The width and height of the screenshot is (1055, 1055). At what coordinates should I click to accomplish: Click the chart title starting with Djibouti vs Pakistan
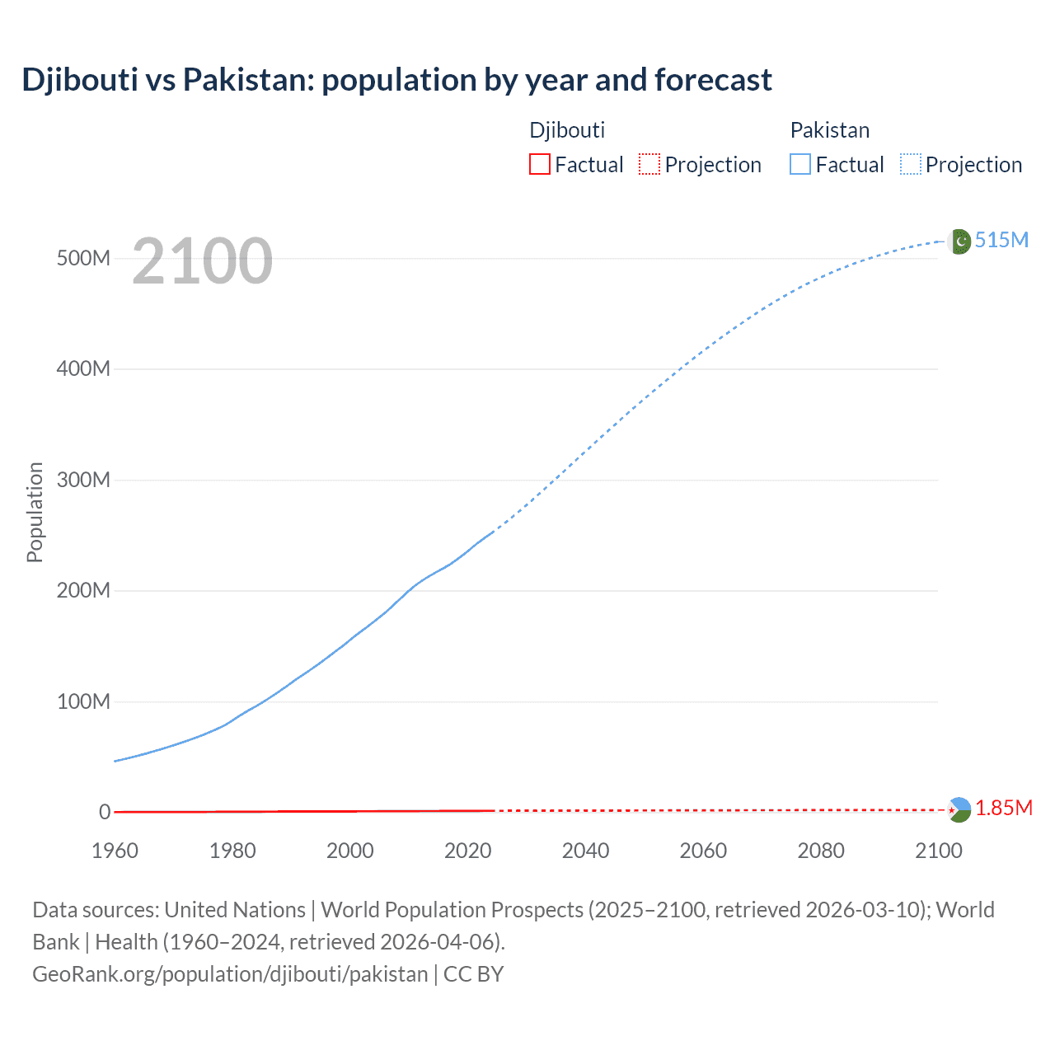tap(396, 80)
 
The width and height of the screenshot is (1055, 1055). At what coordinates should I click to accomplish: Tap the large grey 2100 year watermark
tap(202, 261)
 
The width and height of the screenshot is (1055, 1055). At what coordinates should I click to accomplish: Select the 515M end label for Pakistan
tap(1001, 240)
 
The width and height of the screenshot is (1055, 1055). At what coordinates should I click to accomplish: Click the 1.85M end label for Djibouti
tap(1003, 809)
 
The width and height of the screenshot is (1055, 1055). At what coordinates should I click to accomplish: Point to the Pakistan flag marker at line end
tap(959, 241)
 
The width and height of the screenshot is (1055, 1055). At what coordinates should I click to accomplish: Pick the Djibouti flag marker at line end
tap(959, 810)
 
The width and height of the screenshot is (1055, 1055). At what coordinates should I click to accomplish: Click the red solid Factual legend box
tap(539, 165)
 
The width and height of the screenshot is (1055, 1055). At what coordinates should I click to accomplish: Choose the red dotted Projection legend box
tap(649, 165)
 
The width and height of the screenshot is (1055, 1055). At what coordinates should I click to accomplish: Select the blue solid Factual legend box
tap(799, 165)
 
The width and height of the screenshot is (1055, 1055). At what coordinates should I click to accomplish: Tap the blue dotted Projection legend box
tap(911, 165)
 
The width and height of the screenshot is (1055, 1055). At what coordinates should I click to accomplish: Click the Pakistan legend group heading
tap(829, 130)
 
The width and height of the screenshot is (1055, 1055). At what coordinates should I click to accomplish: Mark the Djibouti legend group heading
tap(567, 130)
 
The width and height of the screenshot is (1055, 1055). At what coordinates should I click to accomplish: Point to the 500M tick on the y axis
tap(83, 258)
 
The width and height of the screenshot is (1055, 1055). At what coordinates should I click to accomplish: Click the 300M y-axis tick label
tap(83, 480)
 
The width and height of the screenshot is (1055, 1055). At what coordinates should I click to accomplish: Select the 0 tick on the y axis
tap(105, 812)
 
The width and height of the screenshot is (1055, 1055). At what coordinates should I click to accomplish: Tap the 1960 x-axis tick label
tap(115, 851)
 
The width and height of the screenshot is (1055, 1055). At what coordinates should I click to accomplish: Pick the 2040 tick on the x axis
tap(585, 851)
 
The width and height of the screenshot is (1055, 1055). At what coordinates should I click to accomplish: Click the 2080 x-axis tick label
tap(821, 851)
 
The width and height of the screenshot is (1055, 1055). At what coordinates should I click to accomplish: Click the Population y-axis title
tap(35, 512)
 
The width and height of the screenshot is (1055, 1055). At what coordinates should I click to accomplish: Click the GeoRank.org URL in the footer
tap(230, 974)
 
